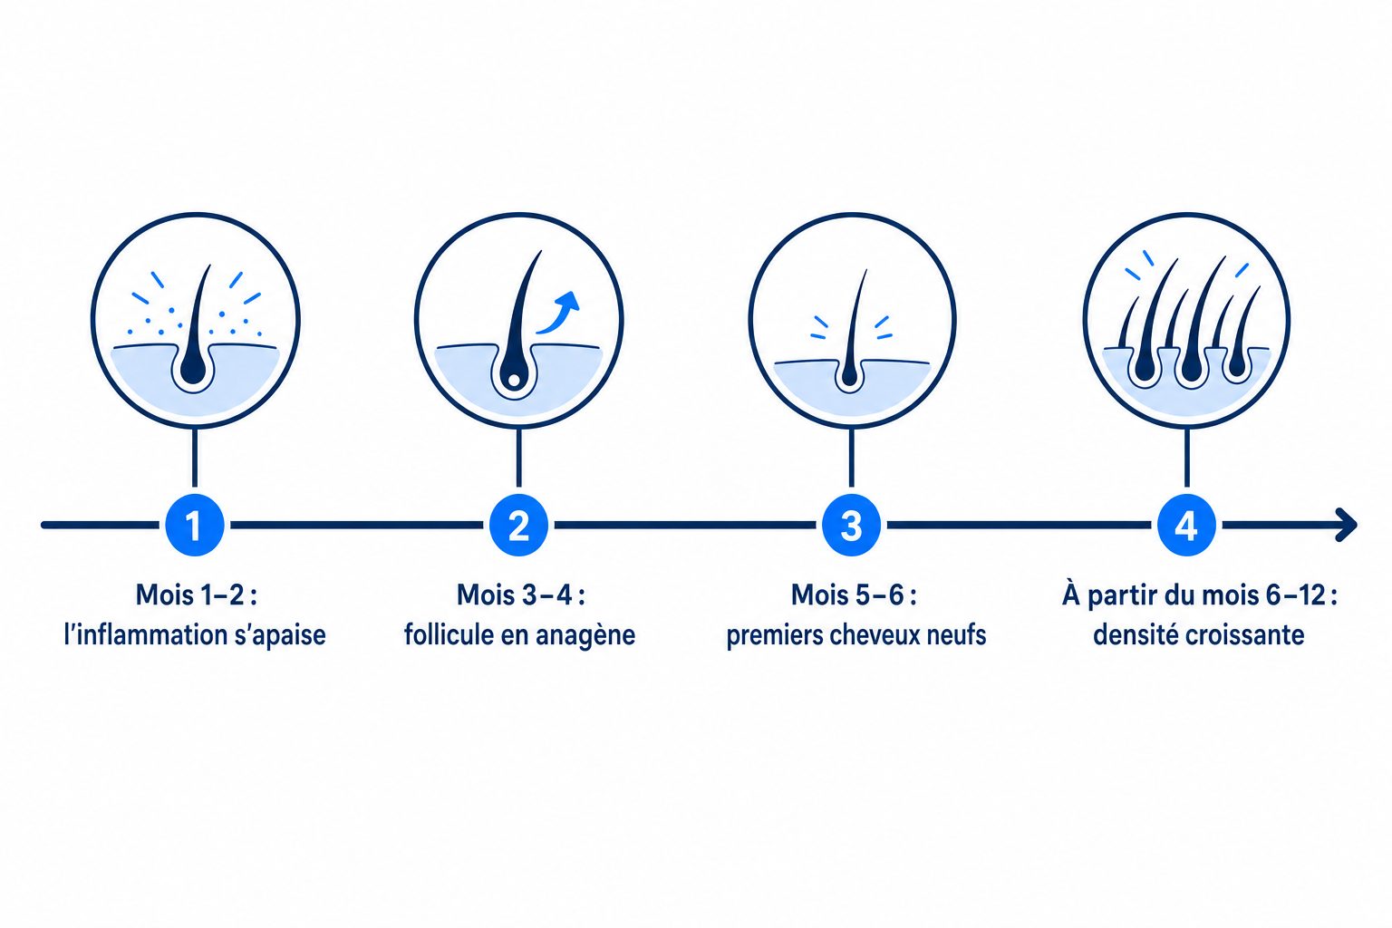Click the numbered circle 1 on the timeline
tap(195, 525)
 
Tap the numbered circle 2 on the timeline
tap(519, 525)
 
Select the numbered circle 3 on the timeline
tap(851, 525)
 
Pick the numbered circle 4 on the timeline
tap(1186, 525)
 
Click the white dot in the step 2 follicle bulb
tap(514, 380)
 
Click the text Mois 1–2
tap(189, 594)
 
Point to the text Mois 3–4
tap(514, 594)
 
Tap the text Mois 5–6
tap(847, 594)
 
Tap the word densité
tap(1135, 635)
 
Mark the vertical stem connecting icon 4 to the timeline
tap(1187, 457)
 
